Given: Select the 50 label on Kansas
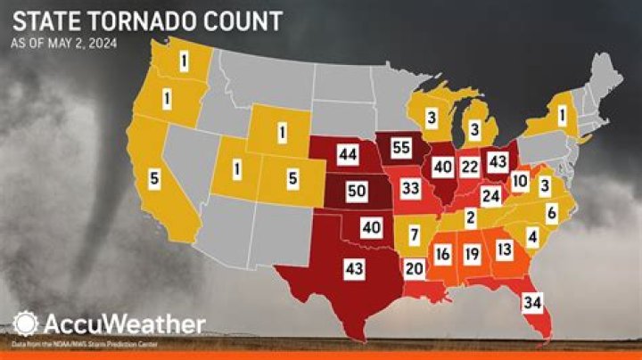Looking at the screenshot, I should point(356,192).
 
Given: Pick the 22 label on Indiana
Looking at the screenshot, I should point(471,167).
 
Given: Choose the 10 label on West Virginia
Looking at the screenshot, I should point(521,182).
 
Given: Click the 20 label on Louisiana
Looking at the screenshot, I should point(413,268).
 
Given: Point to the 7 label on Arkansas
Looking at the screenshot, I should point(414,236).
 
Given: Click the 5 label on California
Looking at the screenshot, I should point(154,179).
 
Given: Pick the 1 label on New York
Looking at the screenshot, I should point(563,115).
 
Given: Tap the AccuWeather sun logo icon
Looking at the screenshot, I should point(25,322).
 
